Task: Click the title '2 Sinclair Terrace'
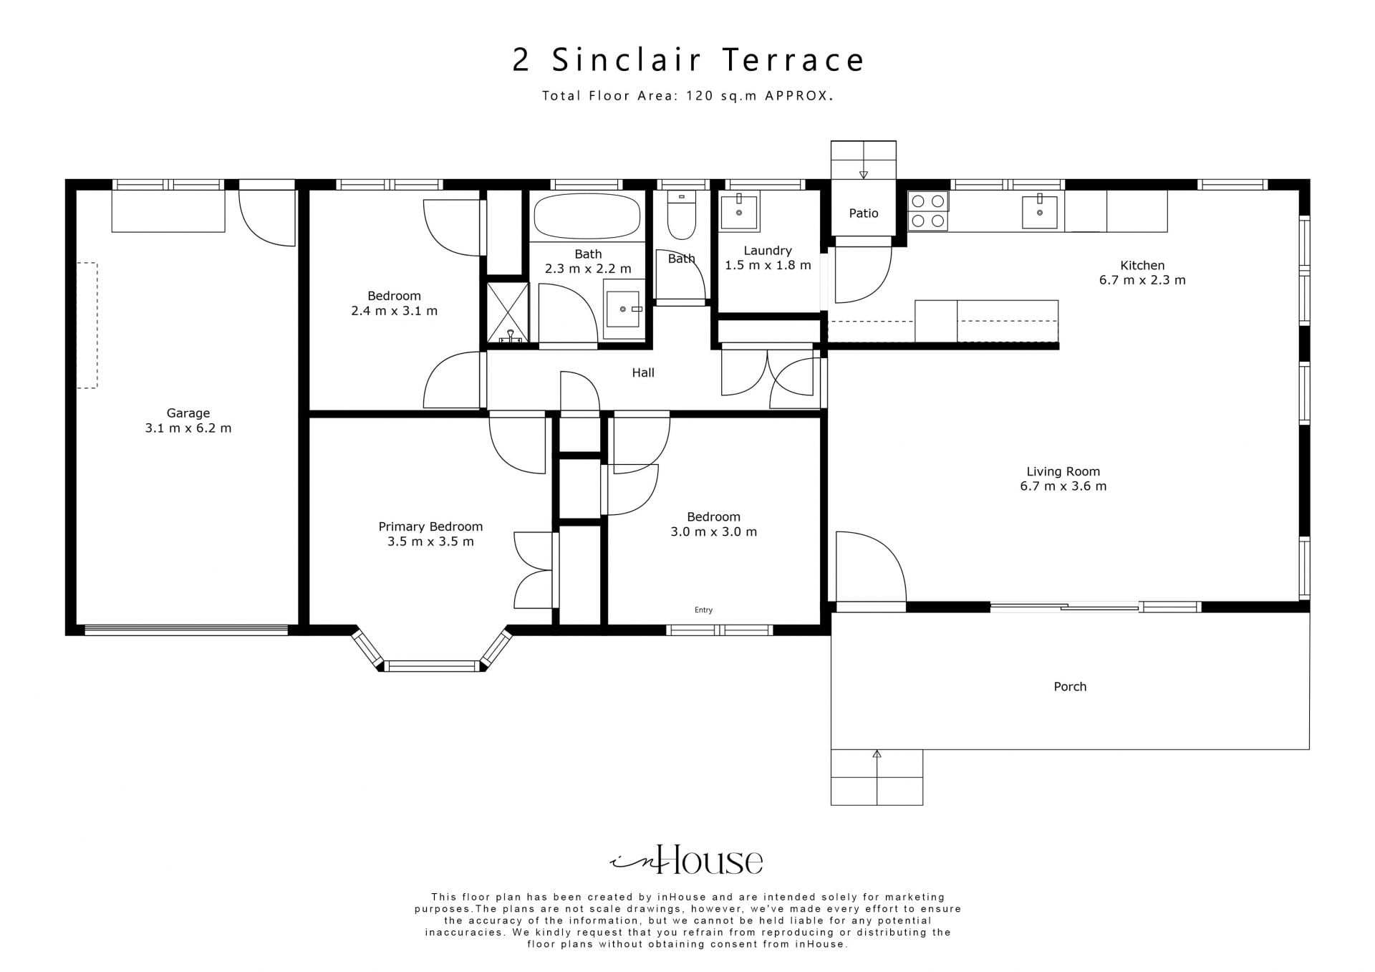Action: coord(688,60)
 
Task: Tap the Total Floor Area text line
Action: coord(687,96)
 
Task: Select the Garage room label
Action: coord(188,413)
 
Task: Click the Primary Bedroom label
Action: coord(430,526)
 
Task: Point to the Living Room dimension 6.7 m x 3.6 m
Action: coord(1063,486)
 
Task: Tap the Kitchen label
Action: coord(1142,265)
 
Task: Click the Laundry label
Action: coord(768,251)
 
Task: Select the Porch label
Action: coord(1070,686)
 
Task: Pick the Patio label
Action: coord(864,213)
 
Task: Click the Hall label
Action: coord(643,372)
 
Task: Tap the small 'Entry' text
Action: coord(703,610)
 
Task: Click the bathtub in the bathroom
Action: coord(587,216)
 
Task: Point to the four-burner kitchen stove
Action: coord(928,211)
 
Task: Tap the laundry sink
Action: coord(739,211)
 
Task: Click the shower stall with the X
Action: coord(508,312)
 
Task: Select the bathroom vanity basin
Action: coord(623,309)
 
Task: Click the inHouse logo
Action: coord(686,860)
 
